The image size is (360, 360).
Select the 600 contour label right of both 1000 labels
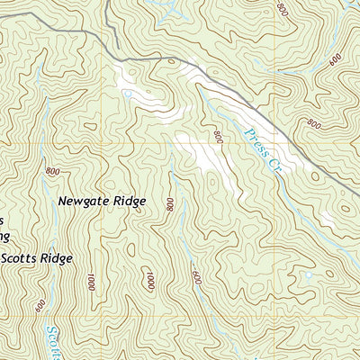[196, 277]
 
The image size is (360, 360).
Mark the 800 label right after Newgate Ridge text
[170, 204]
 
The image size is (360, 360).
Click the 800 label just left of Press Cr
[217, 137]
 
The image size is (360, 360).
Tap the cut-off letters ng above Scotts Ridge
[4, 237]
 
